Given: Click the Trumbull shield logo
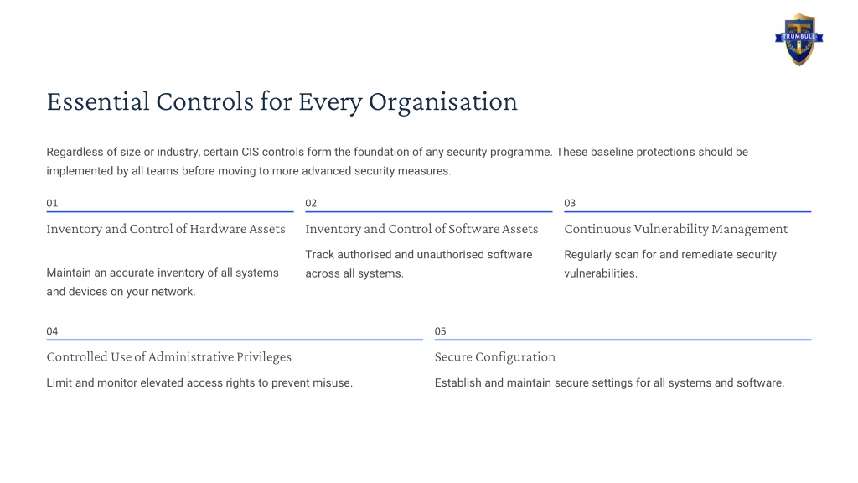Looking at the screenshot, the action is (x=799, y=39).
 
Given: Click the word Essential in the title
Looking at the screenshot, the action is (x=98, y=101).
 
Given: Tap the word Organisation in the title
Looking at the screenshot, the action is (x=442, y=102).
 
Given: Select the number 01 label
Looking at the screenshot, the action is (x=52, y=203).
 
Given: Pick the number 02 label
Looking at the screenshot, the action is (x=311, y=203).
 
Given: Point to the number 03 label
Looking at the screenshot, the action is (x=570, y=203).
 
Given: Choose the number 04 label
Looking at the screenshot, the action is (x=52, y=331).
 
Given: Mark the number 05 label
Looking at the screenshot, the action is (x=441, y=331).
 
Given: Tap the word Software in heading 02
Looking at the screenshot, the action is (x=473, y=229).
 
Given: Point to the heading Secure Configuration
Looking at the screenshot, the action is (x=494, y=357).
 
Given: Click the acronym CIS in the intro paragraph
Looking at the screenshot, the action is (x=250, y=152).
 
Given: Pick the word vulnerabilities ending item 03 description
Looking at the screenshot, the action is (x=601, y=273).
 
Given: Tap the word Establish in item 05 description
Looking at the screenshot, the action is (x=458, y=382).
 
